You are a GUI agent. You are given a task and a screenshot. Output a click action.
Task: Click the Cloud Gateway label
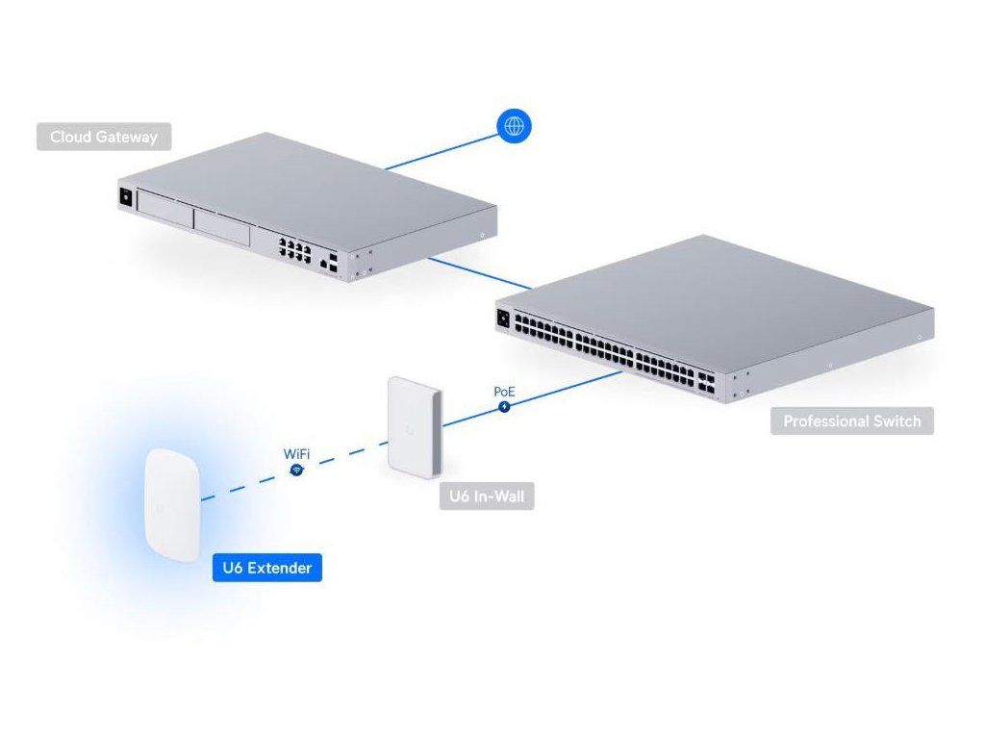pyautogui.click(x=104, y=137)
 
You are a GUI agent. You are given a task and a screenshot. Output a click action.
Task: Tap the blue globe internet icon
pyautogui.click(x=514, y=125)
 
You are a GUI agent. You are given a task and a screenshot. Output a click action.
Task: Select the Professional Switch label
pyautogui.click(x=851, y=420)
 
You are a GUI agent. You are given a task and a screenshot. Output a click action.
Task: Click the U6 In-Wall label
pyautogui.click(x=486, y=497)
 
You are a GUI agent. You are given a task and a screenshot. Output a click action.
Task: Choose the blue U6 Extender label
pyautogui.click(x=266, y=568)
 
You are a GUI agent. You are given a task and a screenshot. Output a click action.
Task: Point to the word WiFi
pyautogui.click(x=295, y=451)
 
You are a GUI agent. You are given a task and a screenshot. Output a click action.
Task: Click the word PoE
pyautogui.click(x=504, y=391)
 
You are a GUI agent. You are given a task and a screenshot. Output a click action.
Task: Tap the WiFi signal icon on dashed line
pyautogui.click(x=297, y=470)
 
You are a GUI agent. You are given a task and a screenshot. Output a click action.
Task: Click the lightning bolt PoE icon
pyautogui.click(x=505, y=407)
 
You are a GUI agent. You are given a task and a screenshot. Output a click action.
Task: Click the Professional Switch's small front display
pyautogui.click(x=503, y=318)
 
